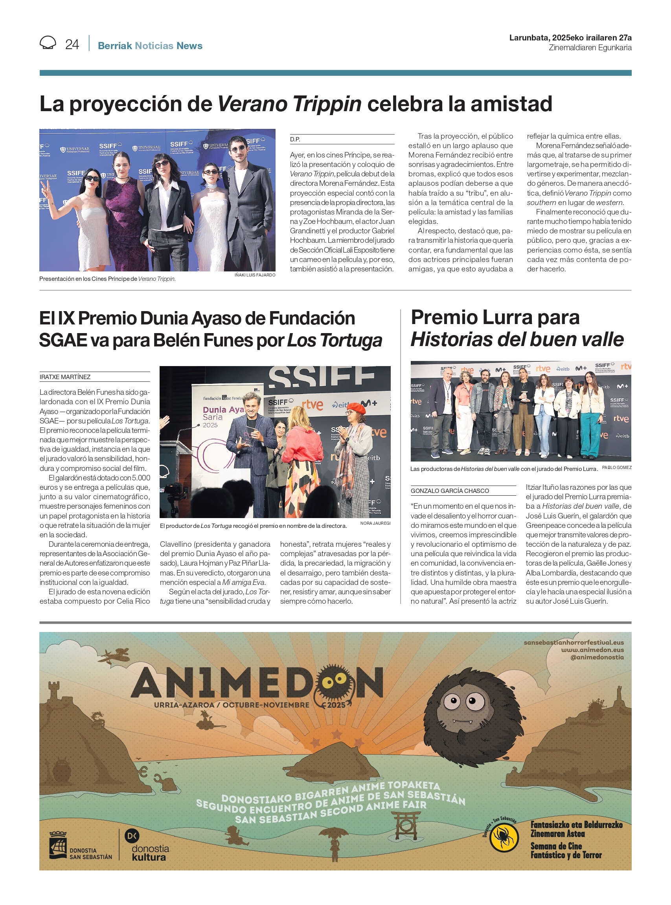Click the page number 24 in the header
point(72,44)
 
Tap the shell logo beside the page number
point(48,42)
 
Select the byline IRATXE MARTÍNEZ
point(65,377)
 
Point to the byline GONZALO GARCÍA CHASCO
point(450,491)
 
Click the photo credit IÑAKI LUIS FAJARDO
point(255,275)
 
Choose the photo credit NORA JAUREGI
point(375,523)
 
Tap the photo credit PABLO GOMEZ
point(617,467)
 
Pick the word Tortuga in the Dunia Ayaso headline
point(351,341)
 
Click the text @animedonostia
point(597,657)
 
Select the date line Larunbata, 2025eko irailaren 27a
point(570,38)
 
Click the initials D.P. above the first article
point(295,139)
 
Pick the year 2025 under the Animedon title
point(336,705)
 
